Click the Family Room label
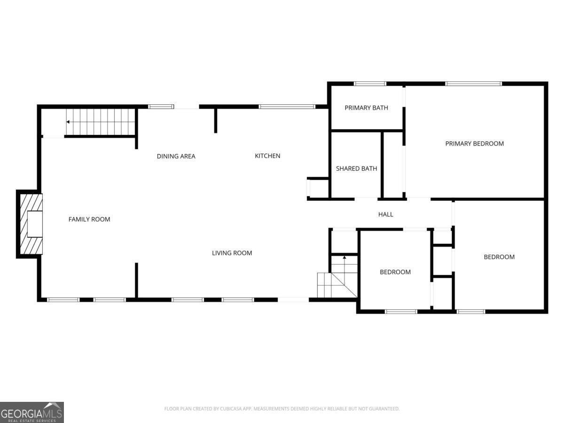pos(89,219)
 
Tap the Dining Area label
pos(176,156)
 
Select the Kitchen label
pos(267,156)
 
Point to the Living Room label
pos(232,253)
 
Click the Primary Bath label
pos(366,108)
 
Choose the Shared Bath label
pos(356,168)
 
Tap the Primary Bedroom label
pos(474,143)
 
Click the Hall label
pos(385,214)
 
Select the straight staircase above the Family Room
pos(101,122)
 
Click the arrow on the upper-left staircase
pos(69,122)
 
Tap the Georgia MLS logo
pos(31,412)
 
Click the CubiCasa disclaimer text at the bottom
pos(282,408)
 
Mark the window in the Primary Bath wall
pos(370,84)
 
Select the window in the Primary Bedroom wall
pos(474,84)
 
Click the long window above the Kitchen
pos(287,107)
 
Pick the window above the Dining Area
pos(161,107)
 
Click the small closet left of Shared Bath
pos(318,188)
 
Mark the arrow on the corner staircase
pos(345,258)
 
